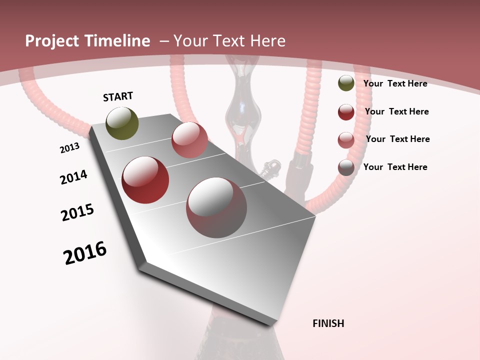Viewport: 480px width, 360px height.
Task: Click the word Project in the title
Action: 51,41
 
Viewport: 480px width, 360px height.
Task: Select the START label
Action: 118,96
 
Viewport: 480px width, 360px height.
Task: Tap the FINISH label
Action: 328,323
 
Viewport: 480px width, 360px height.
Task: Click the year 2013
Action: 69,148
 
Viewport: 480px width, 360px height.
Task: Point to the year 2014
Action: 73,177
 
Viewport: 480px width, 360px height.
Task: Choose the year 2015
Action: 77,212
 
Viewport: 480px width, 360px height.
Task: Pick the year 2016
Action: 85,253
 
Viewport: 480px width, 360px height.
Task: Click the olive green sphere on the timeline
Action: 122,123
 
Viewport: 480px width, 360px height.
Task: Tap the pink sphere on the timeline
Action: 189,140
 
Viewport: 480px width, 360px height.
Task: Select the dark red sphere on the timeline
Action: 145,180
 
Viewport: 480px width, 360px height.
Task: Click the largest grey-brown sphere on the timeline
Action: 216,208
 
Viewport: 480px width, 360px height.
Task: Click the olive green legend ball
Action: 346,83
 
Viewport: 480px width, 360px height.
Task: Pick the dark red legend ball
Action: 346,112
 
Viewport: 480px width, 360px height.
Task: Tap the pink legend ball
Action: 346,140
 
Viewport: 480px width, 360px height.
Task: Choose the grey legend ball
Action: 346,167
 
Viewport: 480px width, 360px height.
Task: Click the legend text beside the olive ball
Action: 395,83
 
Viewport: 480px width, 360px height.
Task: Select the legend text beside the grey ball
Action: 395,167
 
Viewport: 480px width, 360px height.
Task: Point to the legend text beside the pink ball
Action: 397,139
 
